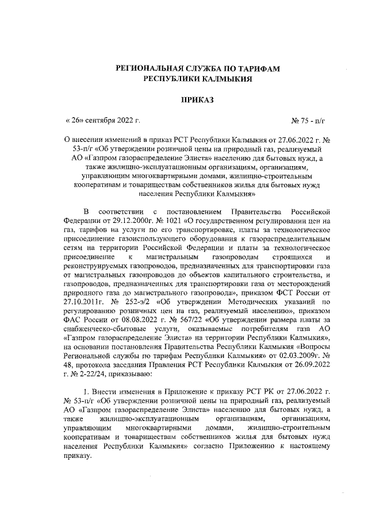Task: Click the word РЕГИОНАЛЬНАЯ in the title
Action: click(x=153, y=68)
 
